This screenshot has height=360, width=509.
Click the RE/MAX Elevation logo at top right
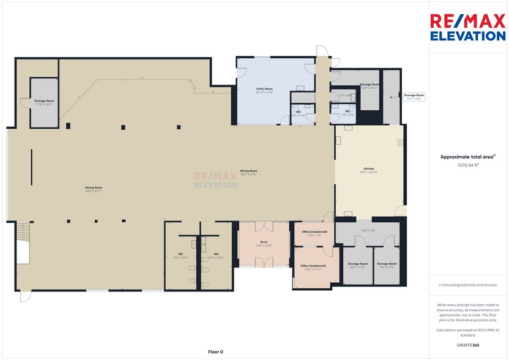(468, 28)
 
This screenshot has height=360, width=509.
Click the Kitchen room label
(369, 170)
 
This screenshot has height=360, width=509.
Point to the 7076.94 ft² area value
(467, 165)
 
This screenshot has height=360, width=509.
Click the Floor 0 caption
(216, 352)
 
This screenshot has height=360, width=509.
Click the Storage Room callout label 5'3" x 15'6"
(414, 96)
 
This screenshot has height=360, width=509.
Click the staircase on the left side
(23, 233)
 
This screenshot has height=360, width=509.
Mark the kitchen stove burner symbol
(401, 142)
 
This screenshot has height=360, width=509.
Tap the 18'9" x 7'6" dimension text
(368, 231)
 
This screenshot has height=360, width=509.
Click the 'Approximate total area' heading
(467, 157)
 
